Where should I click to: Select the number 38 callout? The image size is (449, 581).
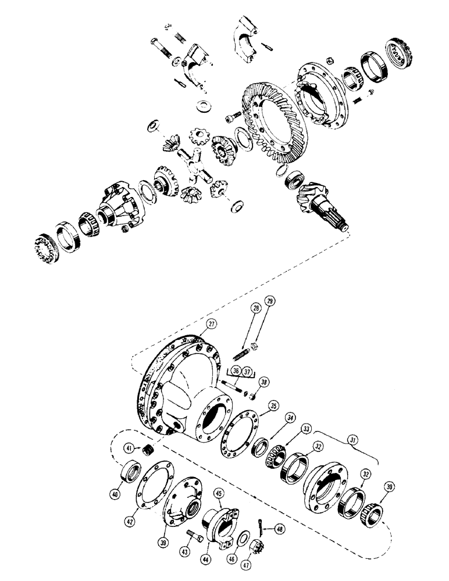[265, 382]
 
